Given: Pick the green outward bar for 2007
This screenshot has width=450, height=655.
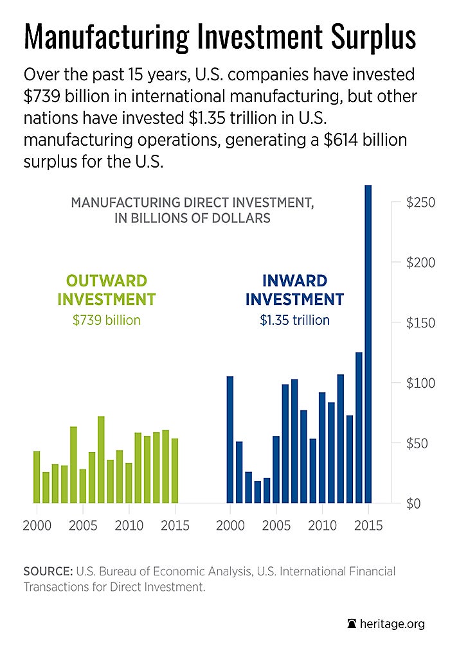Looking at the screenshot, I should point(101,459).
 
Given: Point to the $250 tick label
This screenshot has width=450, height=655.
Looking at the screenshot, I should point(421,203).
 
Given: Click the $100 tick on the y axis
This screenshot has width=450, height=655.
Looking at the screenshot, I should point(421,383).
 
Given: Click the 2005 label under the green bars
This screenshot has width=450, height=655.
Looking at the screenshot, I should point(82,525).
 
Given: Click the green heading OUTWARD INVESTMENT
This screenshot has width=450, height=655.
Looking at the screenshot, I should point(107,290).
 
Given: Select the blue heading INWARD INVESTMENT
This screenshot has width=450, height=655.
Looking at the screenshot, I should point(294,290).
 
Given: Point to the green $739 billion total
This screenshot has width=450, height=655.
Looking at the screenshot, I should point(107,320).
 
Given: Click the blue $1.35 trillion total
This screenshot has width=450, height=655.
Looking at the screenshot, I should point(294,320).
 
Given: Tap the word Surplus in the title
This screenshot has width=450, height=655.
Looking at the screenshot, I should point(370,37).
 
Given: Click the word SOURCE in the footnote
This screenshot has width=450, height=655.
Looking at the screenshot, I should point(48,571).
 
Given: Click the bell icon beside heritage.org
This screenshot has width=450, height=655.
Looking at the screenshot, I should point(352,624).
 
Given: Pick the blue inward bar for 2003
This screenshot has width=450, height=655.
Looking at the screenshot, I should point(258,492).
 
